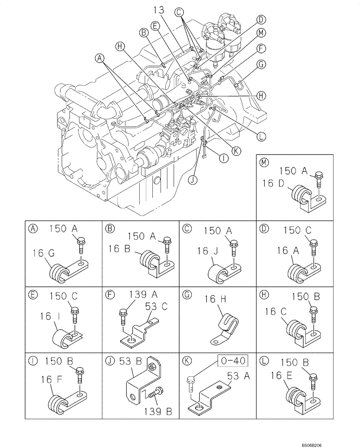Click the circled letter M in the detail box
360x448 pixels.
point(265,163)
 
